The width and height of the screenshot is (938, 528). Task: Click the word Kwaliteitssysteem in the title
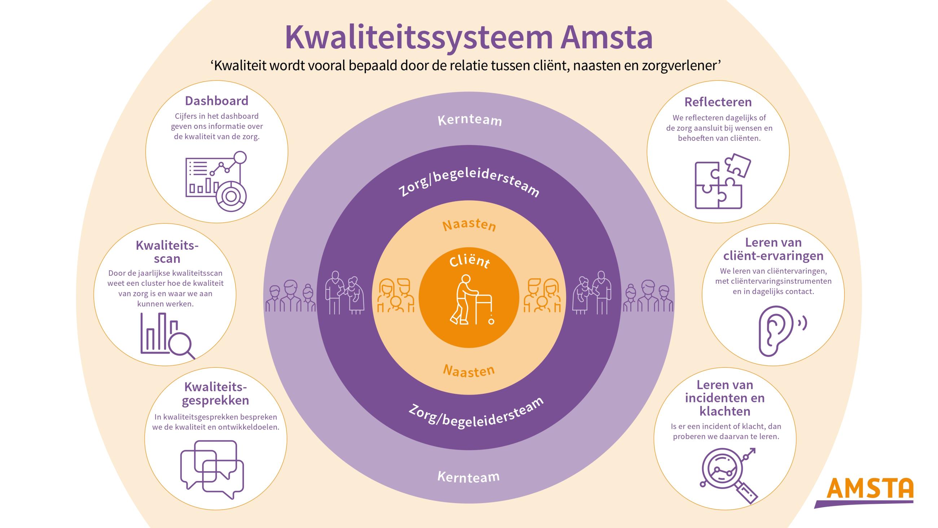pos(419,38)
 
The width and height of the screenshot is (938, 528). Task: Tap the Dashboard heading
pos(217,101)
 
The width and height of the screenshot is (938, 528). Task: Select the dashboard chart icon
pos(216,182)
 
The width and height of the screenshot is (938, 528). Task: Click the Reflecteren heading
pos(718,102)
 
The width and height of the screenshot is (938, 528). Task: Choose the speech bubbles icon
pos(212,469)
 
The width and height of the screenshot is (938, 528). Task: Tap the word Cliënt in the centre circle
pos(469,261)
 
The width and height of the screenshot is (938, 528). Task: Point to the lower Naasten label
pos(469,371)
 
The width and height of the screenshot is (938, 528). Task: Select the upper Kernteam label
pos(470,120)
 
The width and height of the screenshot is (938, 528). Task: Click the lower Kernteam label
pos(469,477)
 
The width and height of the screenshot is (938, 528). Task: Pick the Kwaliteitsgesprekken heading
pos(216,393)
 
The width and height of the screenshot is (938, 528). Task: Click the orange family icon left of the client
pos(395,295)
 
